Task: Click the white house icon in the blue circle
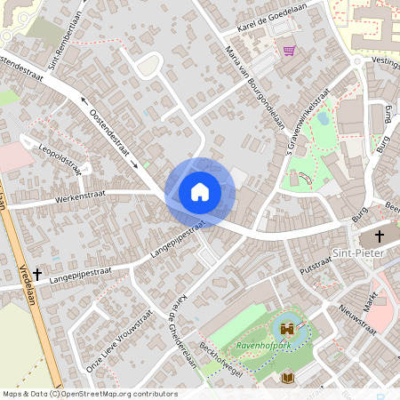pos(200,191)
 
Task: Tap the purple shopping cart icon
pos(289,50)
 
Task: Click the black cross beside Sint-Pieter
pos(380,236)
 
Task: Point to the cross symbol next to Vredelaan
pos(37,275)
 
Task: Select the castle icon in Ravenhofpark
pos(287,328)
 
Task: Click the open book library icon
pos(287,379)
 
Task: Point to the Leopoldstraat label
pos(61,158)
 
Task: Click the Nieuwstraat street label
pos(357,318)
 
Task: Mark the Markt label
pos(373,299)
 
